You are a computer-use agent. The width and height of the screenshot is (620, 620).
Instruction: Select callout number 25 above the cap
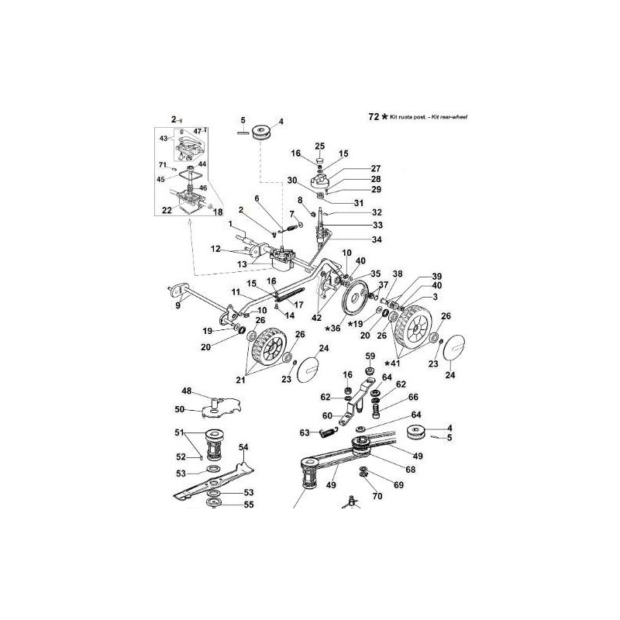319,146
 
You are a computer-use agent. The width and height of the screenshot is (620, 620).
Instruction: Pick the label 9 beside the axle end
177,306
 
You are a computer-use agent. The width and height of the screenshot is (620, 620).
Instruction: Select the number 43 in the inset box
164,138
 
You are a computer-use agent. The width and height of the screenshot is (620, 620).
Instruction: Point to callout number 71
162,164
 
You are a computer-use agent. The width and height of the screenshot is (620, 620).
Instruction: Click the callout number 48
186,391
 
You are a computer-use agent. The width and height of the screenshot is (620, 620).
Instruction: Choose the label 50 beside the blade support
179,408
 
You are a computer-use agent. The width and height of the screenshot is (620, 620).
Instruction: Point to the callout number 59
370,357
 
